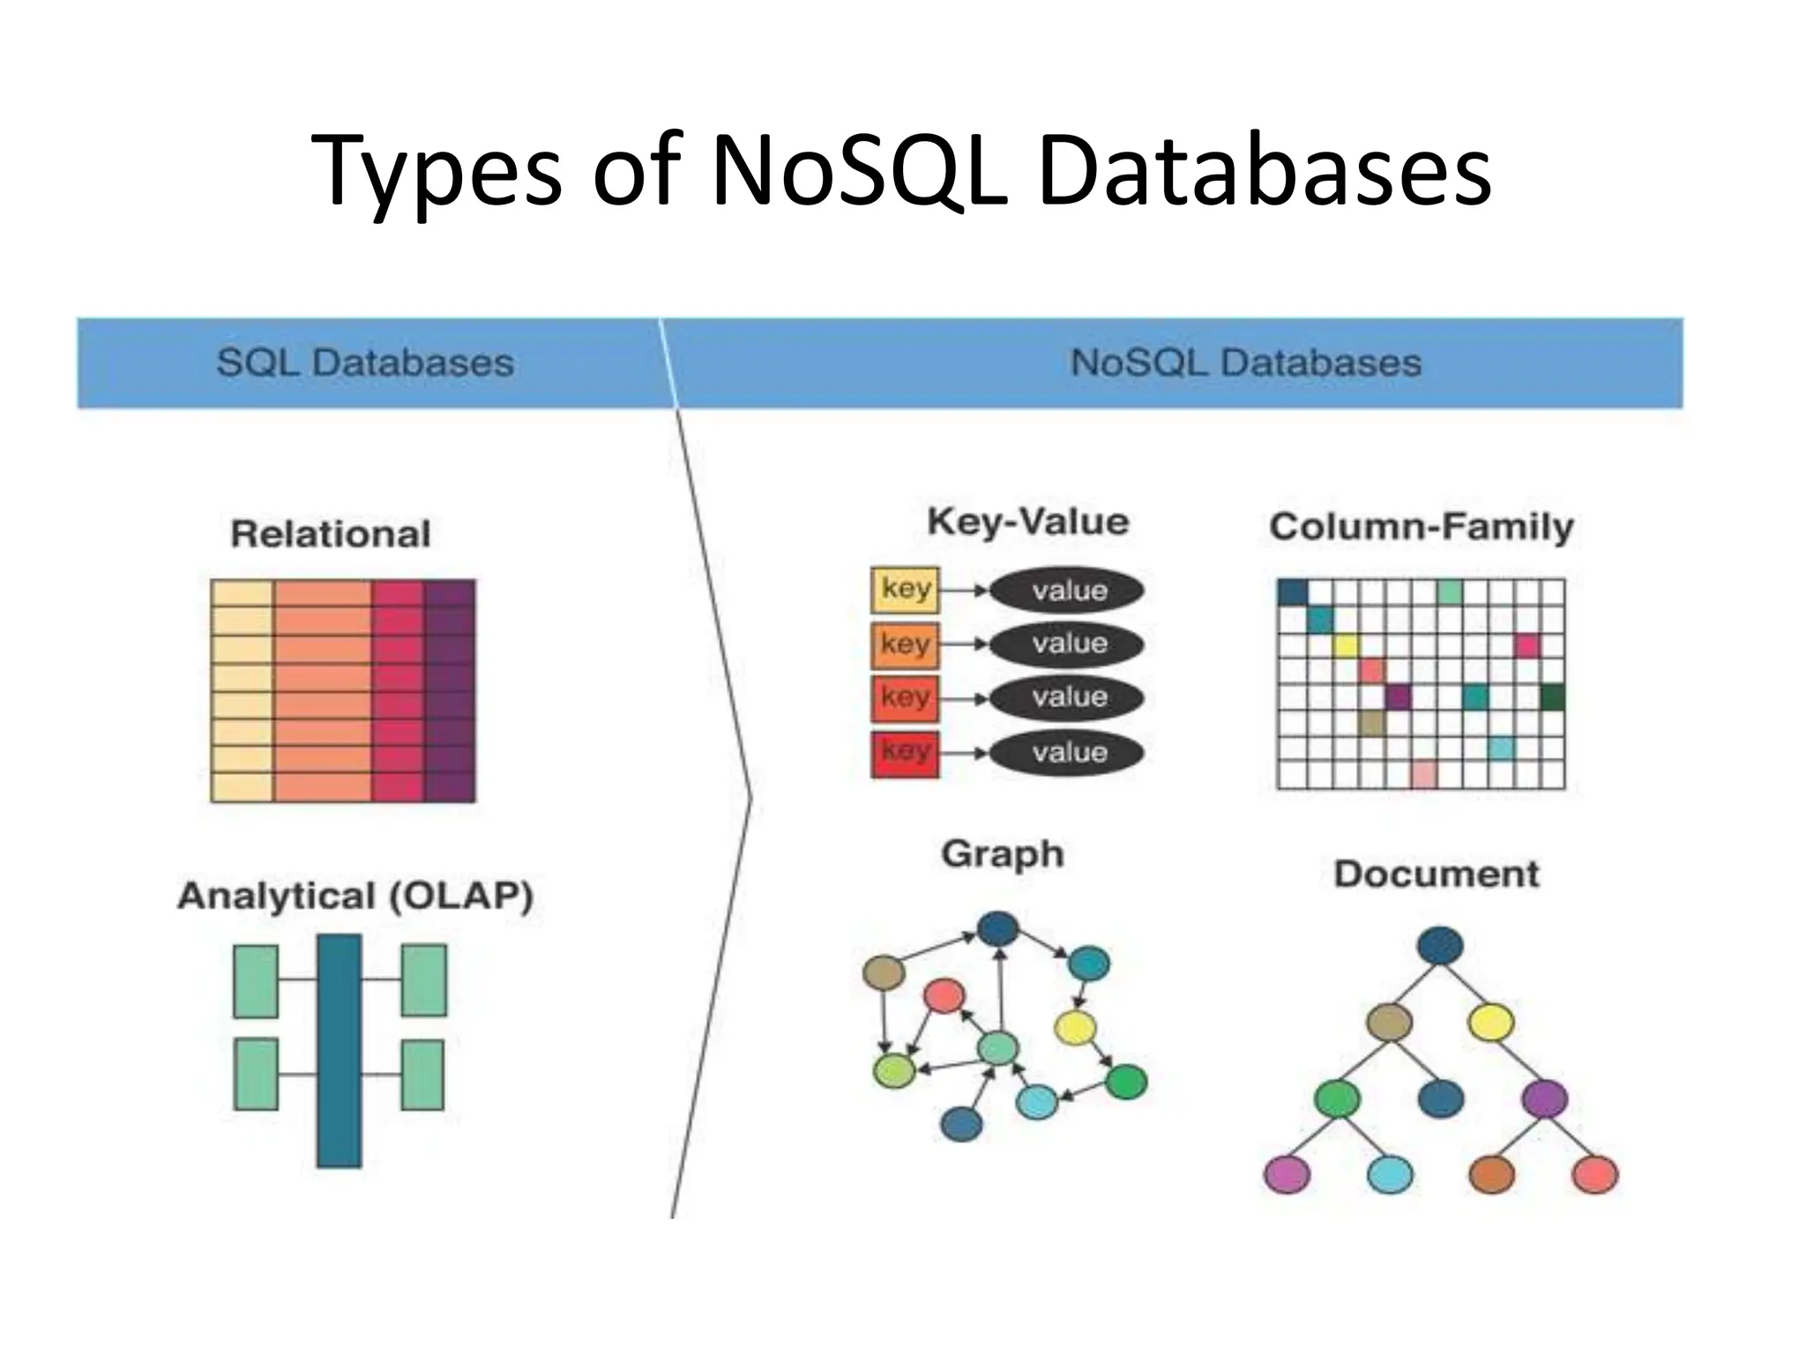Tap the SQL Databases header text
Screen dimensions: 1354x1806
365,363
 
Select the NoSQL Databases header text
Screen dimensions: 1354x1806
1245,363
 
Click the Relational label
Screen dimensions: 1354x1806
331,534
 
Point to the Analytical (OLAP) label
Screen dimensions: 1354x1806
355,896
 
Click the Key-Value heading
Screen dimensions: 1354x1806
1028,522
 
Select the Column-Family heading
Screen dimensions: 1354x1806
1422,527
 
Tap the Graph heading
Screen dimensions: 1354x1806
1003,854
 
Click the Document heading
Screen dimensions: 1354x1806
1437,874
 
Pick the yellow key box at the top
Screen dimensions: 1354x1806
905,590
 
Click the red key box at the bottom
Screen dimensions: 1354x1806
905,753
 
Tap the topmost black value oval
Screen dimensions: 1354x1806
1067,590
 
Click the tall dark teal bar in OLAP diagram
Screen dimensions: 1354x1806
340,1051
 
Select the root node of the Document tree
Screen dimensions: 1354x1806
1440,947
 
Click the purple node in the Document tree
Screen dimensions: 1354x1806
1544,1099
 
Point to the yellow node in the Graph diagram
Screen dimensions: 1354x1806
1075,1027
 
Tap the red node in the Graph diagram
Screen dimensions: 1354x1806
944,997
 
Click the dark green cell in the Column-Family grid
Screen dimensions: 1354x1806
1552,697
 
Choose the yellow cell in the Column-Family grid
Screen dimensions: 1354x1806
1346,645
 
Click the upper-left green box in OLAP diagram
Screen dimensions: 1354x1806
256,981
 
